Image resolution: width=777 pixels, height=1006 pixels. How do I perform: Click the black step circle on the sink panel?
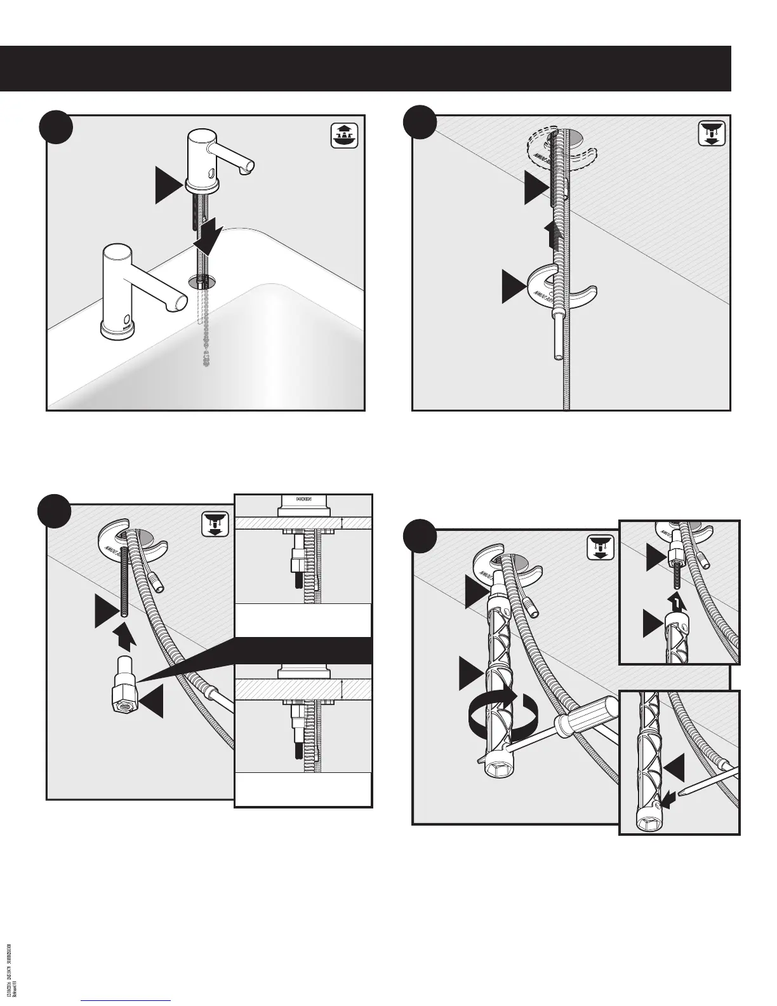click(55, 128)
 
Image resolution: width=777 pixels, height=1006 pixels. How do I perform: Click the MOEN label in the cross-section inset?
click(303, 500)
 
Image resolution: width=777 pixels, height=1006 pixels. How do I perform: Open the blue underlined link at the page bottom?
click(127, 1001)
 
